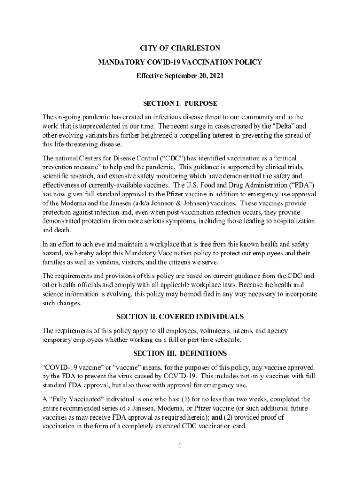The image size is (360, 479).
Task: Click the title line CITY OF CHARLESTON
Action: (180, 48)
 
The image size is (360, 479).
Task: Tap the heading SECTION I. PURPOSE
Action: (180, 103)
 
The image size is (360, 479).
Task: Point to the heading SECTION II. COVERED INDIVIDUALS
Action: (180, 317)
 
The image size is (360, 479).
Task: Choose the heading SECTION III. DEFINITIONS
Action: (180, 353)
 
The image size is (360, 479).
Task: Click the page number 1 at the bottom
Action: (180, 445)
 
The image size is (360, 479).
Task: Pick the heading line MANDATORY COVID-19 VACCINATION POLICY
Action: (180, 62)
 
